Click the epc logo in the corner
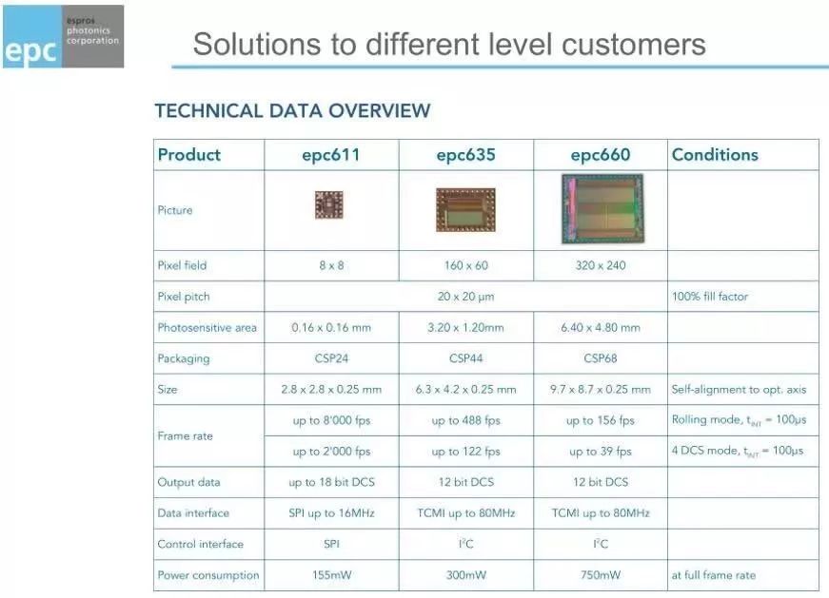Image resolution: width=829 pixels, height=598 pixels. [x=64, y=36]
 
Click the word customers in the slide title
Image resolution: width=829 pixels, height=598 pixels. [x=633, y=44]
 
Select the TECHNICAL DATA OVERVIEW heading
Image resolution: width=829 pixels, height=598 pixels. [x=292, y=111]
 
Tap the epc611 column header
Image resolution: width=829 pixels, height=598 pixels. [x=331, y=155]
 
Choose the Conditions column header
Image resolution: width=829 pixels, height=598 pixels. [x=715, y=155]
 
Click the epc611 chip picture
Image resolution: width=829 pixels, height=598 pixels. [x=329, y=205]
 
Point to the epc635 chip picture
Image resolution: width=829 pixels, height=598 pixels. [x=465, y=210]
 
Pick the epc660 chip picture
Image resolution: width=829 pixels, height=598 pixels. [x=602, y=208]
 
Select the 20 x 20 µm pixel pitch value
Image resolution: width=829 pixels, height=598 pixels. [x=465, y=297]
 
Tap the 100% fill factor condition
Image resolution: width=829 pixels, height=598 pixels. [x=709, y=297]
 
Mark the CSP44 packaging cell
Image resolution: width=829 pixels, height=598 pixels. [x=465, y=358]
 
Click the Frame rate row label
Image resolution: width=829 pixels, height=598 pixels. [x=185, y=436]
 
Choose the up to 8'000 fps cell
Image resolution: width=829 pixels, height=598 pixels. [x=331, y=420]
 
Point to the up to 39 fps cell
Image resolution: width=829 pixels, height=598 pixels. [x=601, y=452]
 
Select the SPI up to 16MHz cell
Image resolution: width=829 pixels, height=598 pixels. [x=331, y=513]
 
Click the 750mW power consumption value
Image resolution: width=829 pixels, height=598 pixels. [x=601, y=575]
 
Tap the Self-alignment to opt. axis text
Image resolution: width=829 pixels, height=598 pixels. [x=739, y=390]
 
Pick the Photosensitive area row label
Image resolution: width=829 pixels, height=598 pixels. [x=207, y=328]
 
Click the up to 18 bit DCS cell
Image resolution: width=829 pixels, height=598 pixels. [x=331, y=482]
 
